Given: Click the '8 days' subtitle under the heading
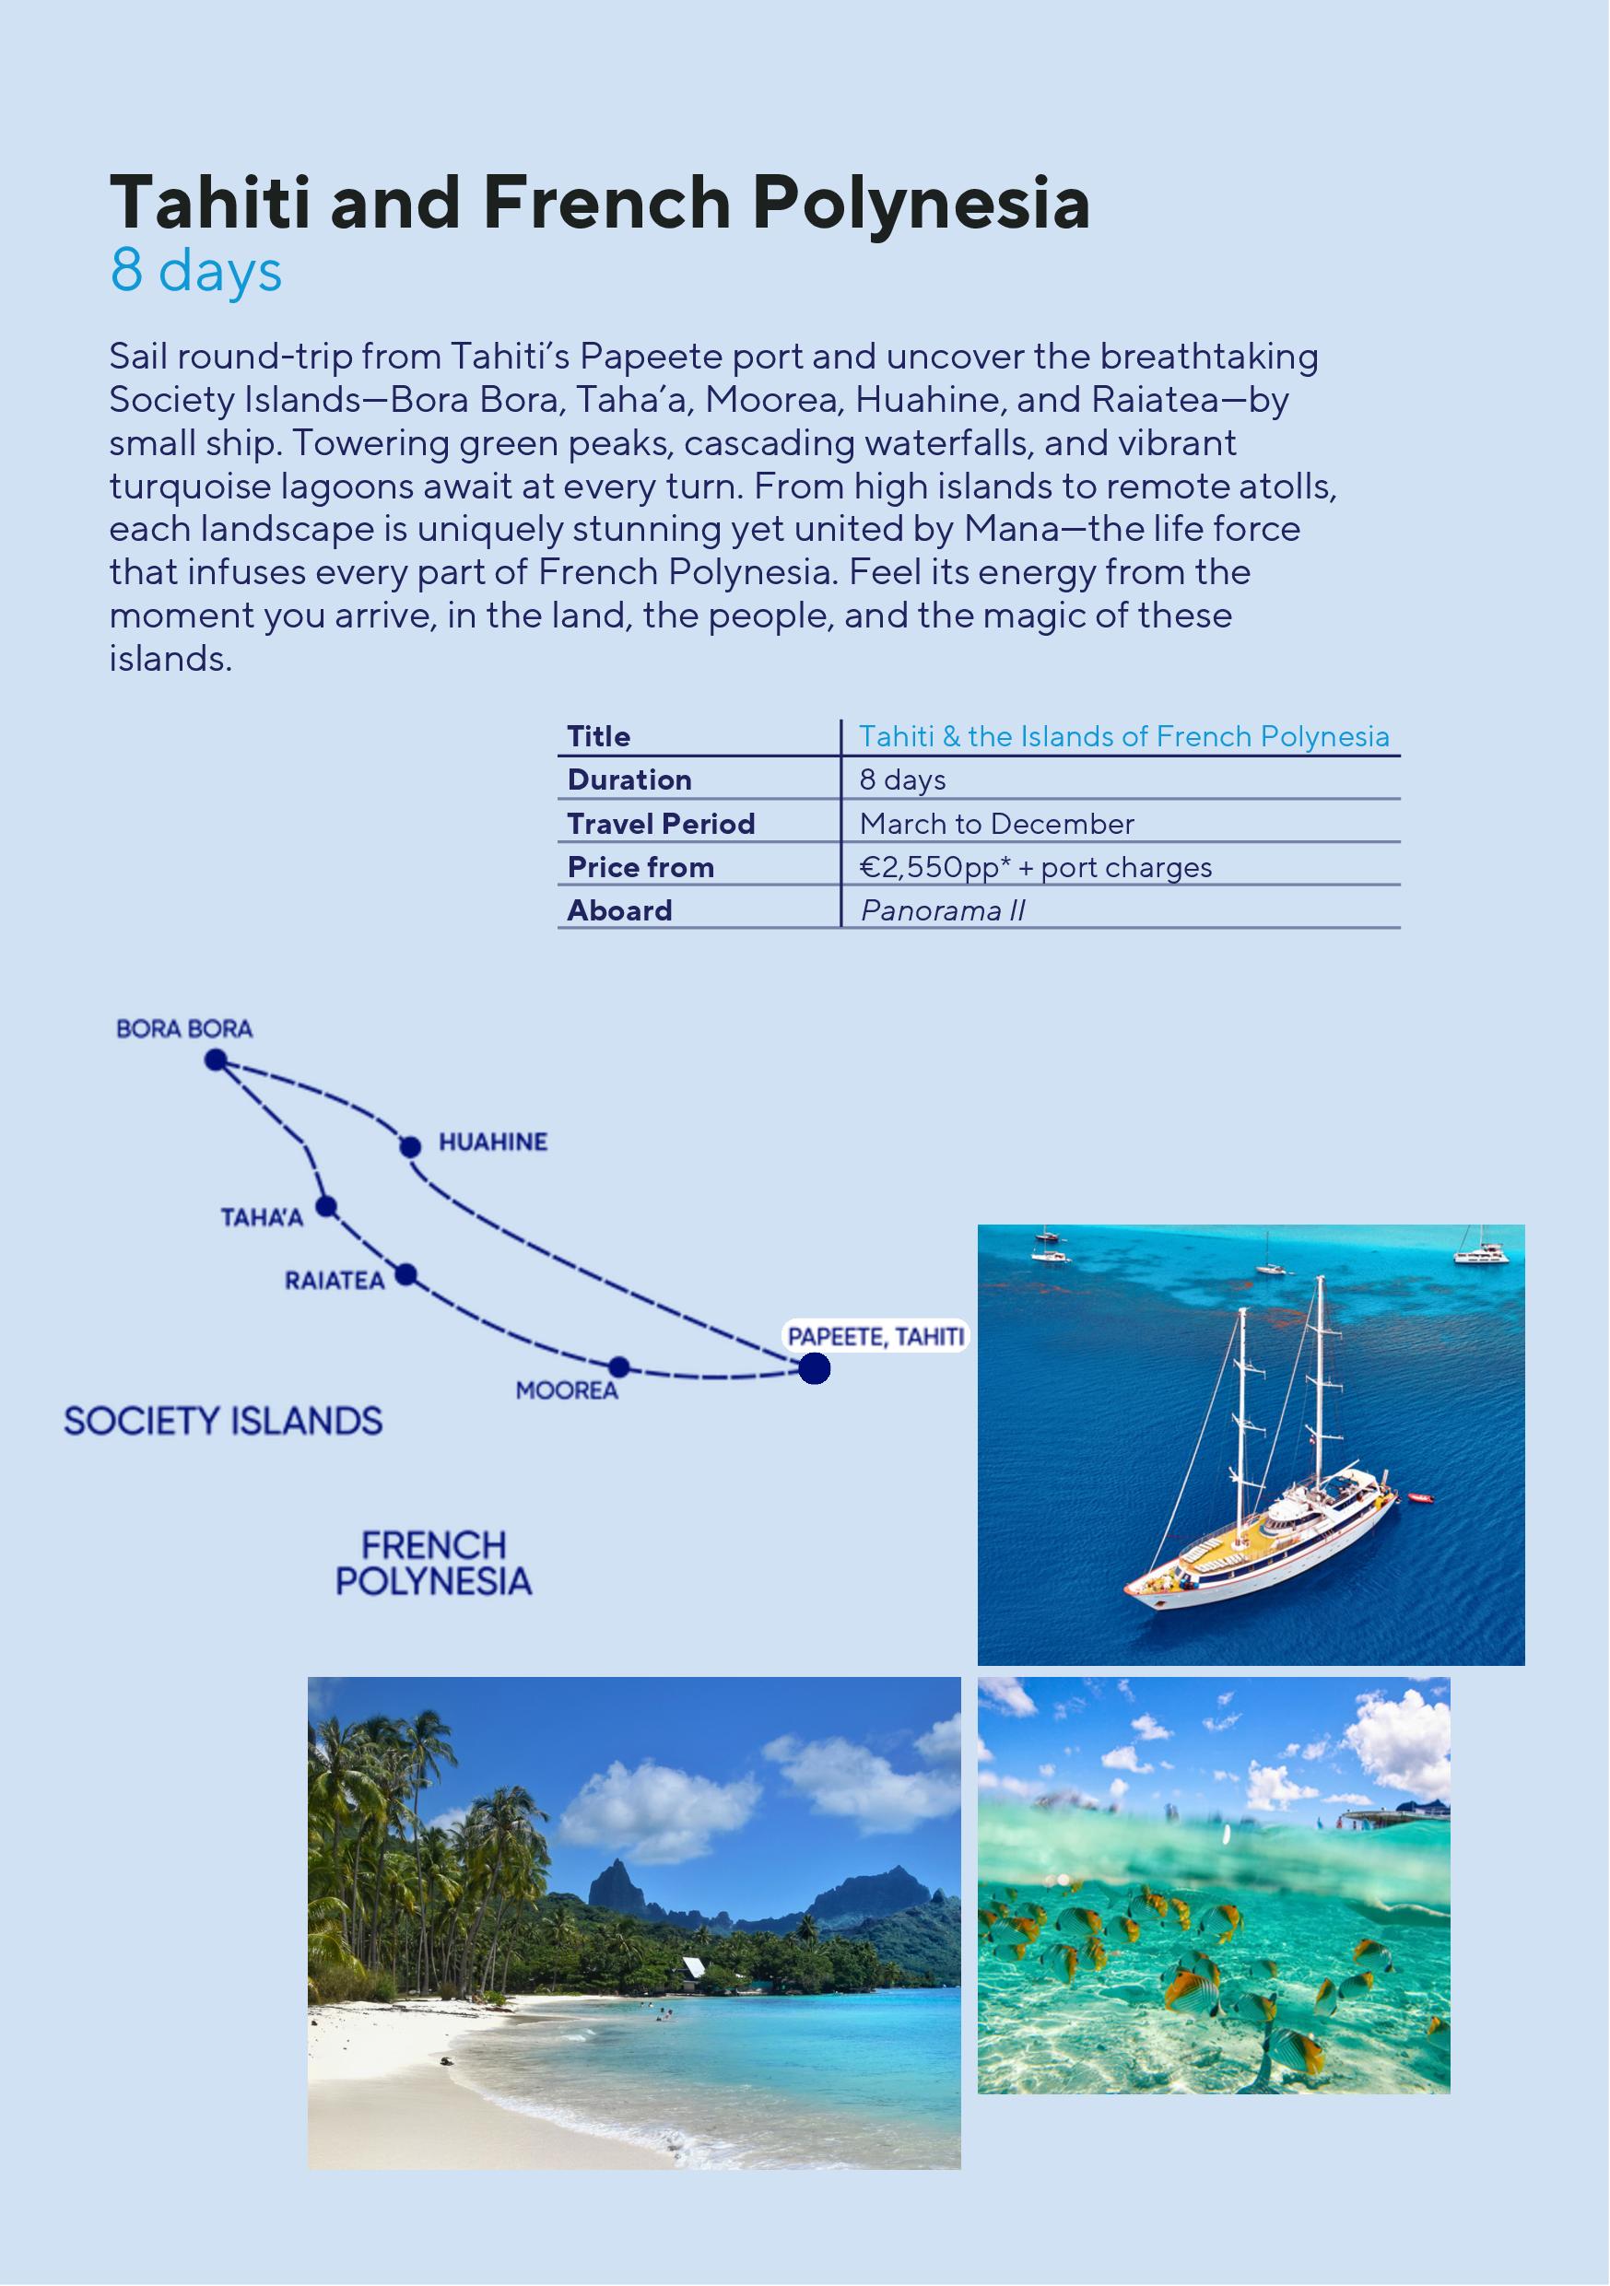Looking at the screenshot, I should coord(196,271).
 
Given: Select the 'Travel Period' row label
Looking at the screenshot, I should coord(660,824).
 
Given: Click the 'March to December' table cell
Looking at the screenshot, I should coord(995,824).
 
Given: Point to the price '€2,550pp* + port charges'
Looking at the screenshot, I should coord(1035,867).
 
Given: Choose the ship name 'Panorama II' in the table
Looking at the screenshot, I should coord(942,910).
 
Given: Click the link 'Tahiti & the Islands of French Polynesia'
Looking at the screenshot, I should coord(1123,736).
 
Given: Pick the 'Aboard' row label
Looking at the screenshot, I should coord(619,910).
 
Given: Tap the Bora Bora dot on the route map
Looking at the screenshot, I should coord(215,1060).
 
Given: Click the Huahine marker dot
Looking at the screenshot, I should coord(409,1146).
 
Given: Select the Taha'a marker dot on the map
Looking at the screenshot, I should coord(325,1207).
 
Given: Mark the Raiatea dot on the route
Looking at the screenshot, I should coord(405,1274).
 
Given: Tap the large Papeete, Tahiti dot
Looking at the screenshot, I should coord(815,1369).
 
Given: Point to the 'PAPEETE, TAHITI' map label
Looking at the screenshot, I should coord(876,1336).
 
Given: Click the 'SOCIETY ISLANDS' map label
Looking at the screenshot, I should coord(223,1421).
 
